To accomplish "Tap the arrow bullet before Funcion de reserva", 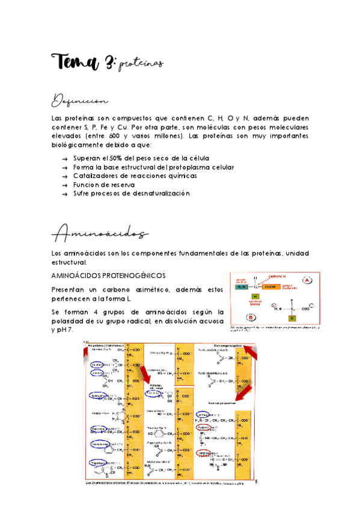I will [64, 185].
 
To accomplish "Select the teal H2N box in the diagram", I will [242, 287].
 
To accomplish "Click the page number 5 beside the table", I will [255, 481].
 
